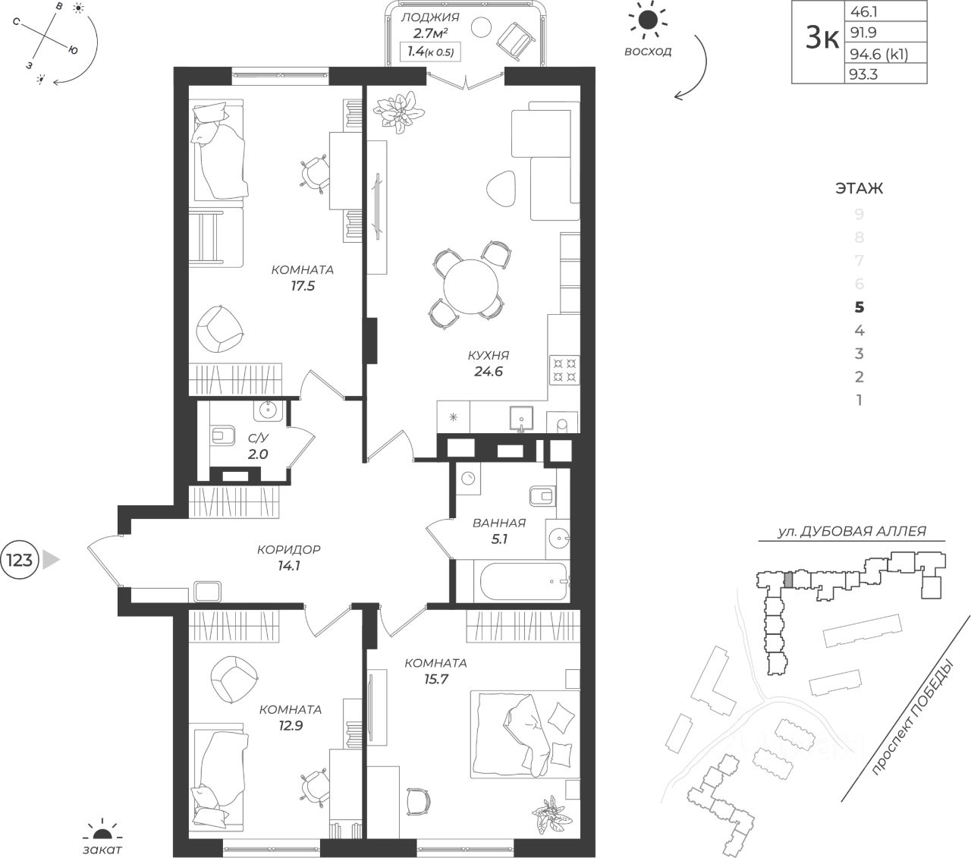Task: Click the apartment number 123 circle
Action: pos(19,559)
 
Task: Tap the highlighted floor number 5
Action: pos(859,306)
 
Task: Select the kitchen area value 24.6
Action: pos(489,372)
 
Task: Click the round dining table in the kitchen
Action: pos(470,287)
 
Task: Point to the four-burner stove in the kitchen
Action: pos(564,369)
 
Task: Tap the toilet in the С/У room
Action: pos(223,435)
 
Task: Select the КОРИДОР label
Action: pos(288,549)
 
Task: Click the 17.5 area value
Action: pos(303,286)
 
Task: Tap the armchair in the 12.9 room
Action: pos(234,679)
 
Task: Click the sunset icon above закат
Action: pos(102,833)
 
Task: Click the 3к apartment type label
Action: pos(822,39)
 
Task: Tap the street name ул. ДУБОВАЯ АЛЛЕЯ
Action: pos(852,530)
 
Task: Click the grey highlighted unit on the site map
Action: pos(789,580)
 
